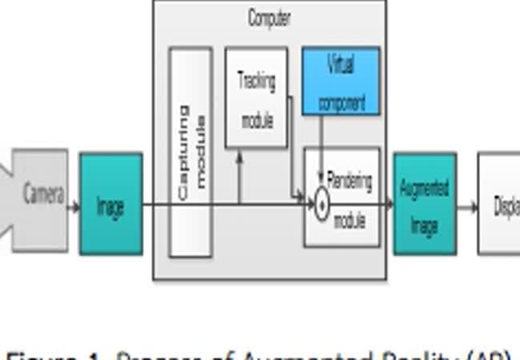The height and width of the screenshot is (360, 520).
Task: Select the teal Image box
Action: [110, 205]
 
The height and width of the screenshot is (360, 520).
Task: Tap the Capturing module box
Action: [190, 152]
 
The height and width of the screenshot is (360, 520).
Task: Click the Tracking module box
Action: [256, 98]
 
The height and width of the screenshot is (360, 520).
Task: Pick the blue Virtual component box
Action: [341, 81]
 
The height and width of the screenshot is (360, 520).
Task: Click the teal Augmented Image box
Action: [425, 204]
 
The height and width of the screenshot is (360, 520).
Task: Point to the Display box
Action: [500, 205]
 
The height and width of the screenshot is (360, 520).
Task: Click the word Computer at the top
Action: [269, 18]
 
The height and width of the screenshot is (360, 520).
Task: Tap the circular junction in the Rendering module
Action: [321, 206]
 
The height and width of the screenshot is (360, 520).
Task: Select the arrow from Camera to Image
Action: [74, 206]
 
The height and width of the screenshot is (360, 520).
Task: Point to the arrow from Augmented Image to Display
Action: [467, 206]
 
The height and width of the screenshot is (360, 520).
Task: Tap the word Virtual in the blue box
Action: [341, 66]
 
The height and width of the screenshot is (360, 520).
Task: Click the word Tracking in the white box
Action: [257, 81]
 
